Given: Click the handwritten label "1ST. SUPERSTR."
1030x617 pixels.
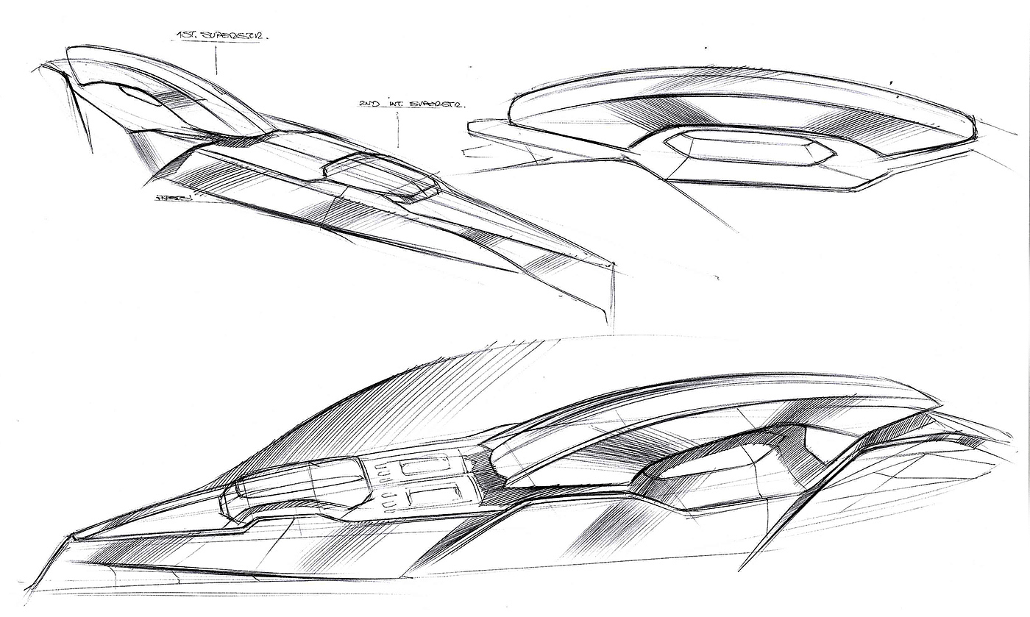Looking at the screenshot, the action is point(217,34).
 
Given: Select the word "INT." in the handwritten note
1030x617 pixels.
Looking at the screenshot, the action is point(385,107).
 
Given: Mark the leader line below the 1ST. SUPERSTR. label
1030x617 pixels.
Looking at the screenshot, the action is point(217,59).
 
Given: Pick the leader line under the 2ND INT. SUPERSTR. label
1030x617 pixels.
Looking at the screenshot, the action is point(399,132).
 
